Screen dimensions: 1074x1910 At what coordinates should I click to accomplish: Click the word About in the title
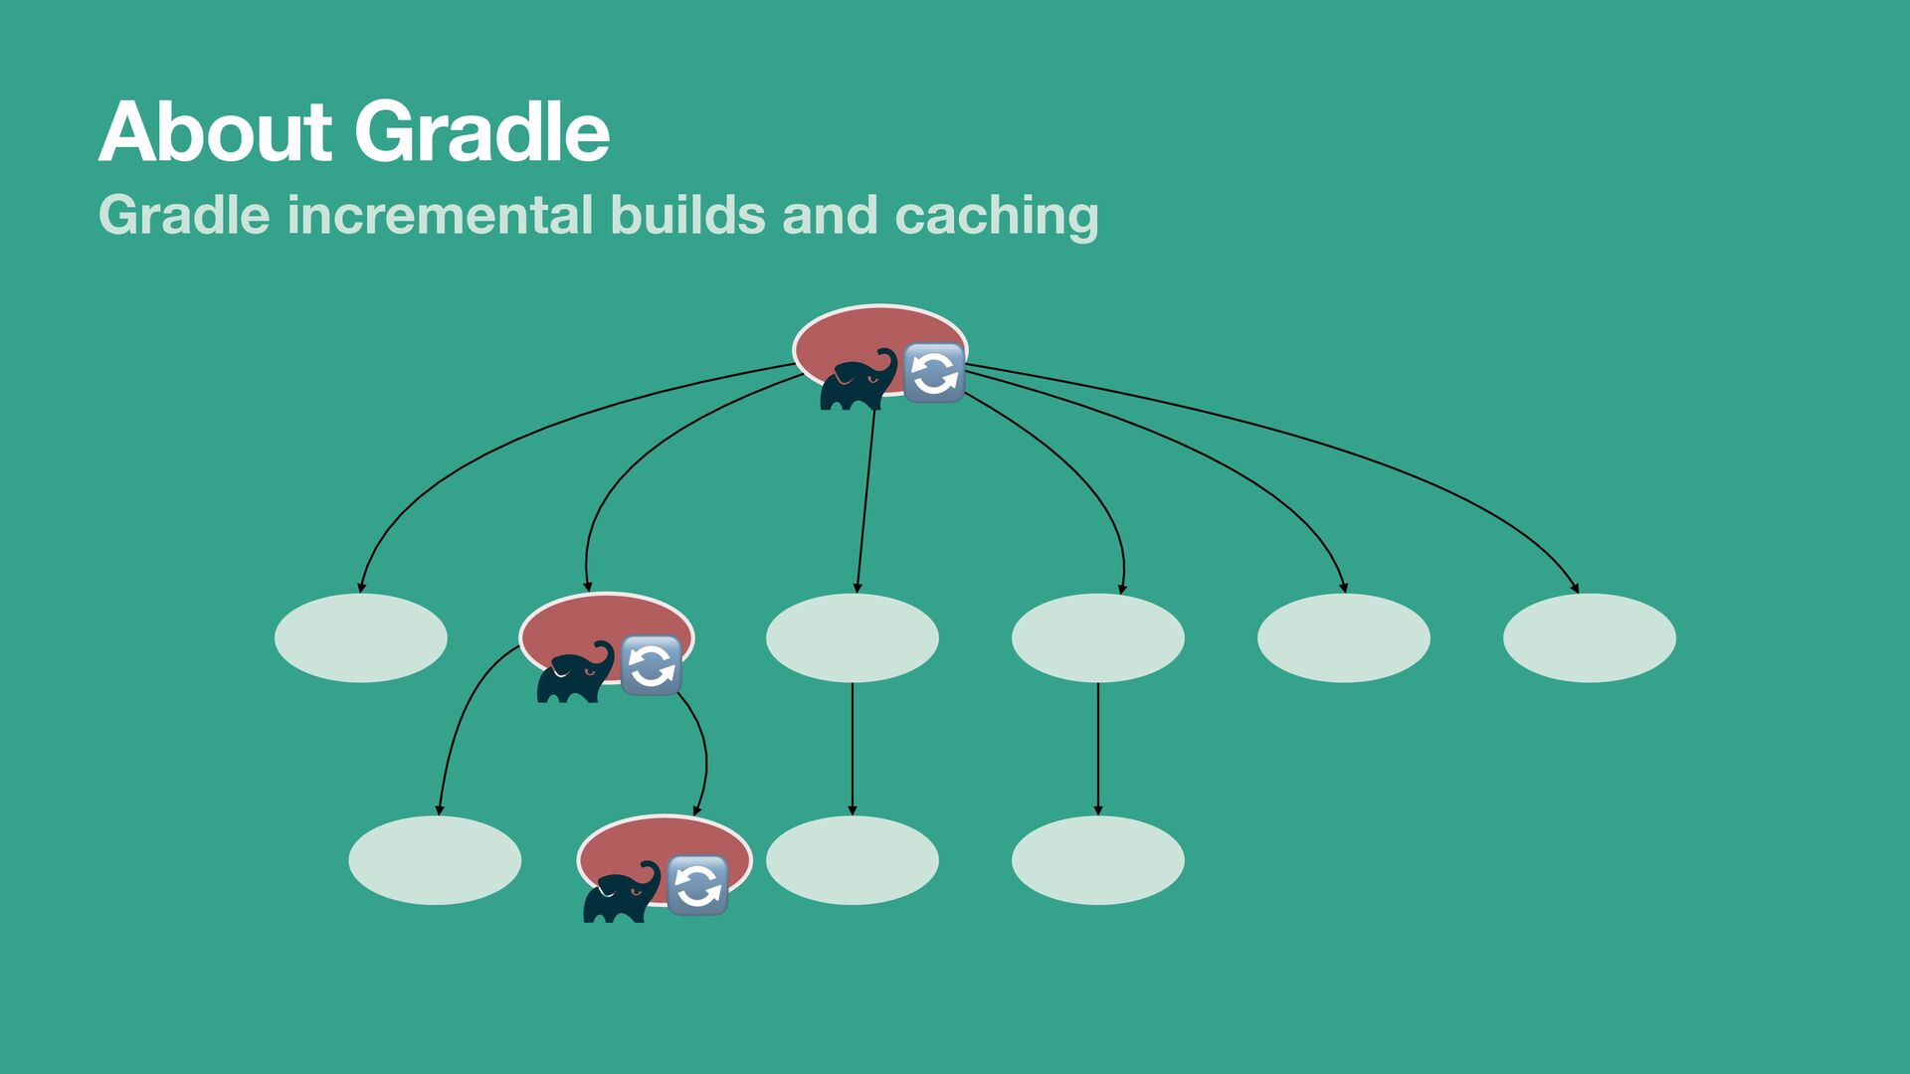(x=215, y=131)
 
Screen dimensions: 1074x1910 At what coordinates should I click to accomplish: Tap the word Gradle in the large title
(x=481, y=131)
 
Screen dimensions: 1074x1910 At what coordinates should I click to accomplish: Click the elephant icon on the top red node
(x=858, y=380)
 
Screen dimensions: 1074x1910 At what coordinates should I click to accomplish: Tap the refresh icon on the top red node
(x=934, y=373)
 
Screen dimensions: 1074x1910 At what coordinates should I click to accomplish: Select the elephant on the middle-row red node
(x=575, y=673)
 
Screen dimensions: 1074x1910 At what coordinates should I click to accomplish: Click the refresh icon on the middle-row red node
(x=652, y=665)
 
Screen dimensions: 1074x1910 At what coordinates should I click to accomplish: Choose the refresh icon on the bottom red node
(x=697, y=885)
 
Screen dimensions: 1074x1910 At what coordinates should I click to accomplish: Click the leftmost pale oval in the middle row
(x=361, y=637)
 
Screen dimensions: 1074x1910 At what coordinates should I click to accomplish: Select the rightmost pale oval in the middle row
(x=1589, y=637)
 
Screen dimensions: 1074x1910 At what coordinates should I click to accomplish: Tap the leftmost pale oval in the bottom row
(x=435, y=860)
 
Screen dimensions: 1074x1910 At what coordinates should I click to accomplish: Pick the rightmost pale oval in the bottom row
(x=1097, y=860)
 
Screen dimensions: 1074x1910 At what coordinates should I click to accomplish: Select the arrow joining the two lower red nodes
(x=704, y=756)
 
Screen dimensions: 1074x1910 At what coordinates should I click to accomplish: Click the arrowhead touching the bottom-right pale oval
(x=1098, y=808)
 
